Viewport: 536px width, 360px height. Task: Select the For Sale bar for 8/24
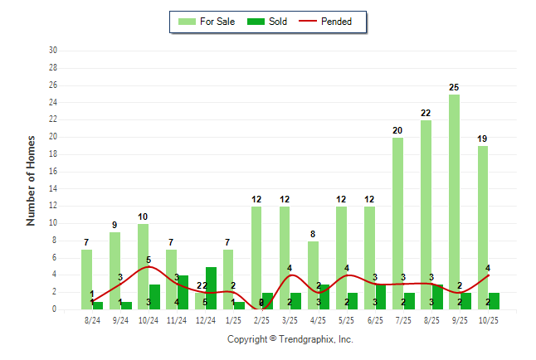[86, 279]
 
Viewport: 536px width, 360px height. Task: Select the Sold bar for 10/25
[494, 301]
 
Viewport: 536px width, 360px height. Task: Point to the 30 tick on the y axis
[52, 51]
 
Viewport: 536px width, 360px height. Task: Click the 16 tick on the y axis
[52, 172]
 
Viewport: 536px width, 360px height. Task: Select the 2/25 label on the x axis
[261, 319]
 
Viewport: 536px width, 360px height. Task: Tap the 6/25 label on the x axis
[374, 319]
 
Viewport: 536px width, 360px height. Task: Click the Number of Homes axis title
[31, 180]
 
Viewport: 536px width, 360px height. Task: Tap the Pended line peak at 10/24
[149, 266]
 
